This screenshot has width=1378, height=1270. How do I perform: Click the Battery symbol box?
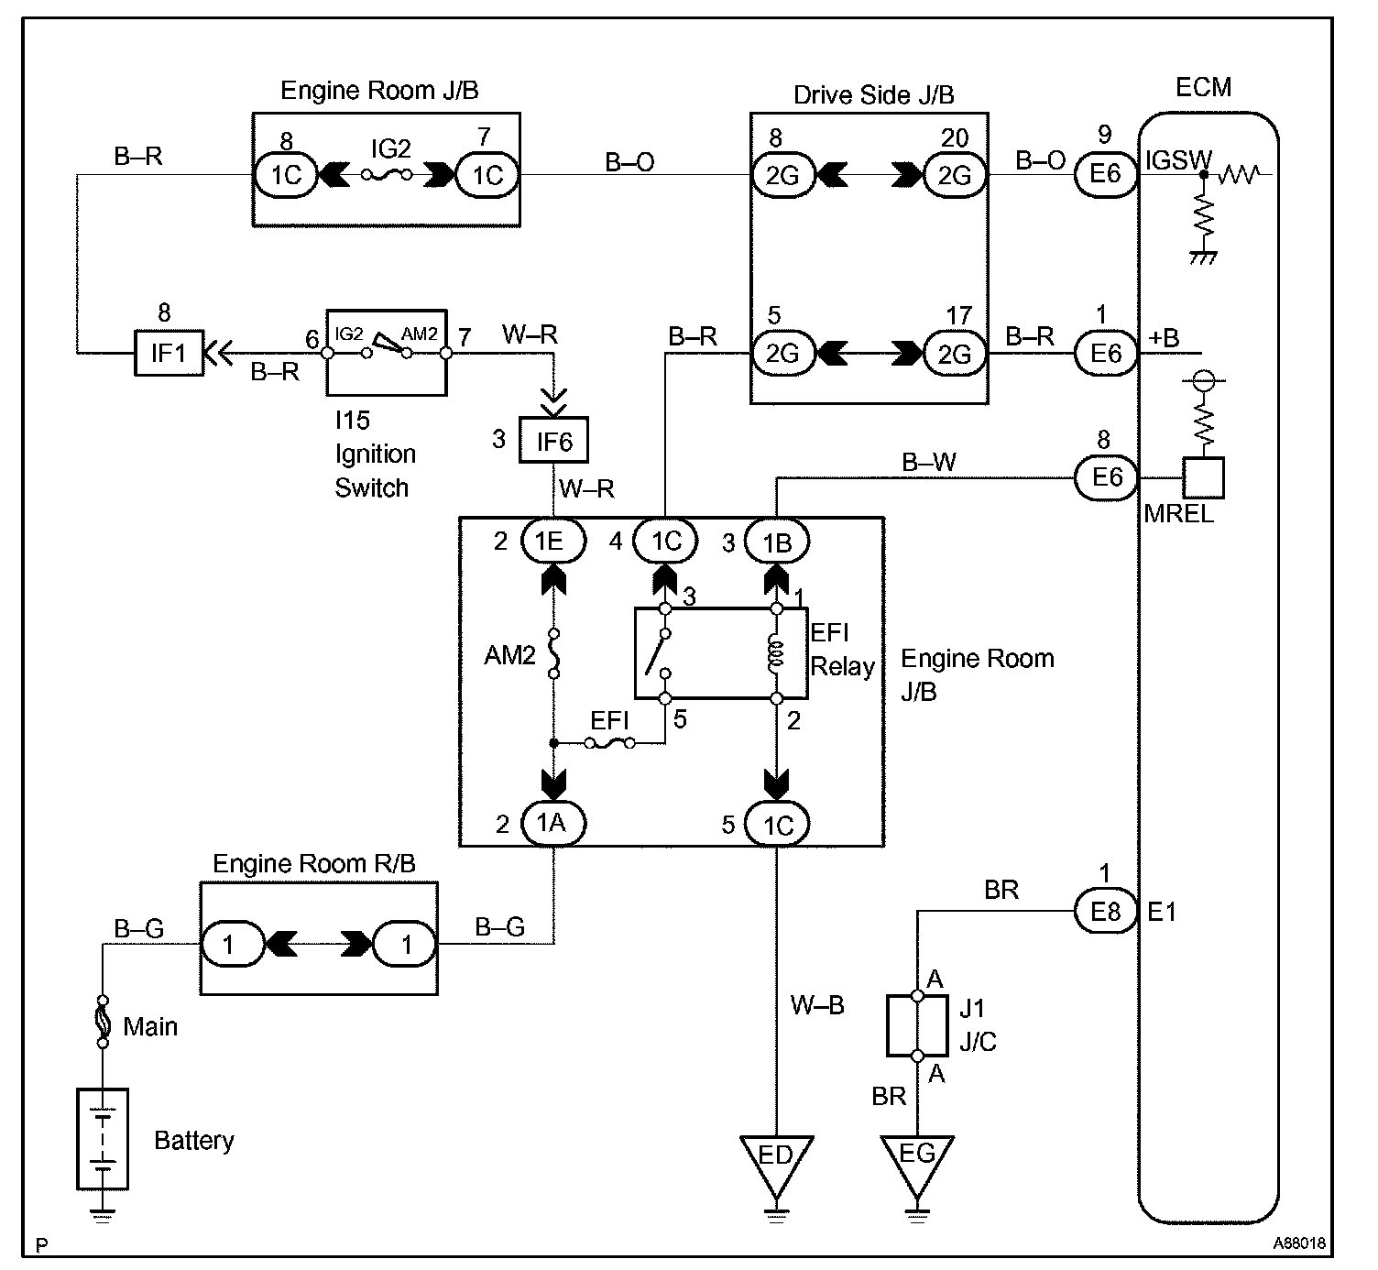point(102,1139)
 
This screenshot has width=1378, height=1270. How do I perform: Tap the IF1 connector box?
point(169,353)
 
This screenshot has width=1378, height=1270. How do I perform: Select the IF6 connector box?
point(553,441)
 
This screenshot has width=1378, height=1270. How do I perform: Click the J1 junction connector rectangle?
point(918,1025)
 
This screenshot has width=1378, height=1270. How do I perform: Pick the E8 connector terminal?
point(1105,912)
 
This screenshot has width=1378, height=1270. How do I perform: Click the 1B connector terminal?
point(776,542)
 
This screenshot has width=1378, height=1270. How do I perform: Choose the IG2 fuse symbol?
point(388,173)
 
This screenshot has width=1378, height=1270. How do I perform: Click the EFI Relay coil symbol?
point(776,652)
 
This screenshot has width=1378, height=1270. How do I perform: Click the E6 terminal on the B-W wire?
point(1105,477)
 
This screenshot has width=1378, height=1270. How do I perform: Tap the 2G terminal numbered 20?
point(955,174)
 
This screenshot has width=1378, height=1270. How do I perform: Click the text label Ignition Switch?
point(375,470)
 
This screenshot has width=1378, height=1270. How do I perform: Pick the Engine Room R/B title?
point(313,863)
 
